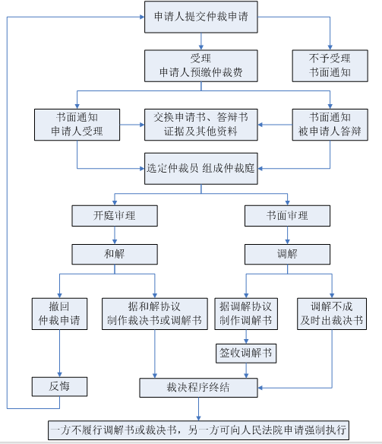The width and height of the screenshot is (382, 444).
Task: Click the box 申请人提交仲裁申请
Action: coord(201,17)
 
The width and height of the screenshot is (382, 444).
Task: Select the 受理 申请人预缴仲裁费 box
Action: coord(201,66)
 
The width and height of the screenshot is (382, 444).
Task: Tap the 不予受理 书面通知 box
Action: coord(330,66)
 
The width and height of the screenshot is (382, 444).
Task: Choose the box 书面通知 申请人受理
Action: coord(77,125)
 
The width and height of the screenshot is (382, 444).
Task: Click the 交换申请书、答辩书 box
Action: coord(201,125)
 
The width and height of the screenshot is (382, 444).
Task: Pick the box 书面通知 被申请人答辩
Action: coord(330,125)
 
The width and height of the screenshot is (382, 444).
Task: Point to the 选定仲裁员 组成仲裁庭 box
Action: coord(201,169)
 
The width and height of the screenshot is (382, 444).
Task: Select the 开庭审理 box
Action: coord(115,216)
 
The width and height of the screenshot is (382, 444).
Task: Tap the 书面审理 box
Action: coord(287,216)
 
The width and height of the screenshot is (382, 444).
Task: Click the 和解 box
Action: coord(115,254)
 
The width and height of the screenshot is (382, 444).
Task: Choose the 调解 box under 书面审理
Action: coord(287,254)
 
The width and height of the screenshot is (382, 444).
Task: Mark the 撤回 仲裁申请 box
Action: coord(59,314)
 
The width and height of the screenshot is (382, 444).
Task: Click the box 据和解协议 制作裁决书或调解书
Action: coord(155,314)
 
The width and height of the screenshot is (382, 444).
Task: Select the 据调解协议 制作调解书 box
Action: coord(246,314)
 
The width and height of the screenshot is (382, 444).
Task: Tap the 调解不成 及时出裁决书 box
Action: coord(332,314)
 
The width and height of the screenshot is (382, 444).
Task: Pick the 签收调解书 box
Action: coord(246,354)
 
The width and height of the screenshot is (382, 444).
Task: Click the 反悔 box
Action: coord(59,386)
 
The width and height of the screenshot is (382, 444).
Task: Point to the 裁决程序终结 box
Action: coord(198,388)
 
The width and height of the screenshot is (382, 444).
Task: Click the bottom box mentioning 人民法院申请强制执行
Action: coord(198,430)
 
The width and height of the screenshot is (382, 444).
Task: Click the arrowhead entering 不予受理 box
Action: coord(330,48)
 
